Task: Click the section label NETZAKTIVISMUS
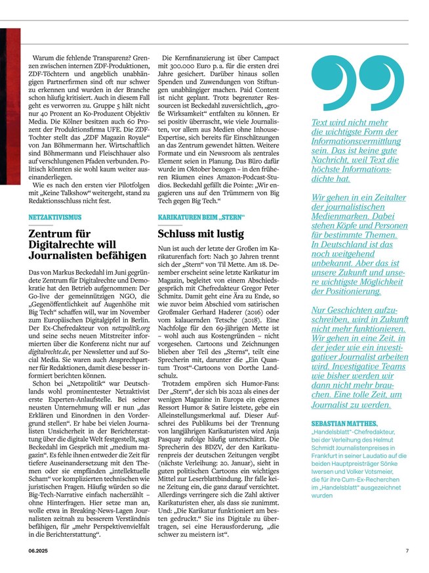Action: pyautogui.click(x=55, y=216)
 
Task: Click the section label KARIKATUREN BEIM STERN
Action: pyautogui.click(x=201, y=216)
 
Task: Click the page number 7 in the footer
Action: pyautogui.click(x=407, y=551)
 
